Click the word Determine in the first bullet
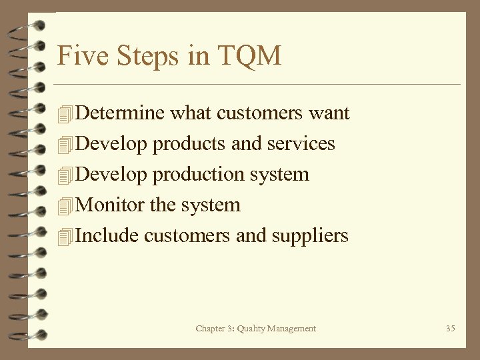click(x=121, y=113)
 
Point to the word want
click(x=329, y=113)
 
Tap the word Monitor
click(x=112, y=205)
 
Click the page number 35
click(x=451, y=328)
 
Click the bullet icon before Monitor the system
click(x=64, y=206)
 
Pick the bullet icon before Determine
click(x=64, y=114)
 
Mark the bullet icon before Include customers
click(x=64, y=237)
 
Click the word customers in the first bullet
click(x=250, y=113)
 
